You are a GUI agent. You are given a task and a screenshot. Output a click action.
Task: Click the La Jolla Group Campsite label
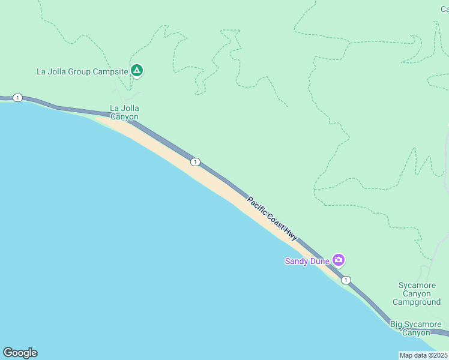tap(82, 71)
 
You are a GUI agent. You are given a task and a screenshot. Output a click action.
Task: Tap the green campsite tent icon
tap(137, 71)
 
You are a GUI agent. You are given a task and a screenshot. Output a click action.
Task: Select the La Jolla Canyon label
tap(124, 112)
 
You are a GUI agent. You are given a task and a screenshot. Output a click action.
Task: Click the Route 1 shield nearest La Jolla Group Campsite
tap(18, 98)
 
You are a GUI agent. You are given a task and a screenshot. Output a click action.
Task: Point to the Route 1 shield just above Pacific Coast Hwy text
tap(195, 162)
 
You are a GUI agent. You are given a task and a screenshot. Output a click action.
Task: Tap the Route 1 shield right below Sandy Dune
tap(346, 280)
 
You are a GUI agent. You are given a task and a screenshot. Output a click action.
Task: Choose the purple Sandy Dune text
tap(307, 261)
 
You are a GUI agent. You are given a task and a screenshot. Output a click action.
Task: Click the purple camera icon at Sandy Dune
tap(339, 260)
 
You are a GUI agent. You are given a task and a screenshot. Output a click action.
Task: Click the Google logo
tap(20, 353)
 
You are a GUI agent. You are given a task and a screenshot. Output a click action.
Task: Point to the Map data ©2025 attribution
tap(423, 355)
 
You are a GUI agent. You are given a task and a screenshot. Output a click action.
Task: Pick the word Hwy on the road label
tap(291, 235)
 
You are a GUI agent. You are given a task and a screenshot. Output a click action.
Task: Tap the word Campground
tap(416, 302)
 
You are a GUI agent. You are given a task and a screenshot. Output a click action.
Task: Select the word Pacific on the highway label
tap(256, 204)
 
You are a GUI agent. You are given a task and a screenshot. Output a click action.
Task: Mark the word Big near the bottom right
tap(397, 325)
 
